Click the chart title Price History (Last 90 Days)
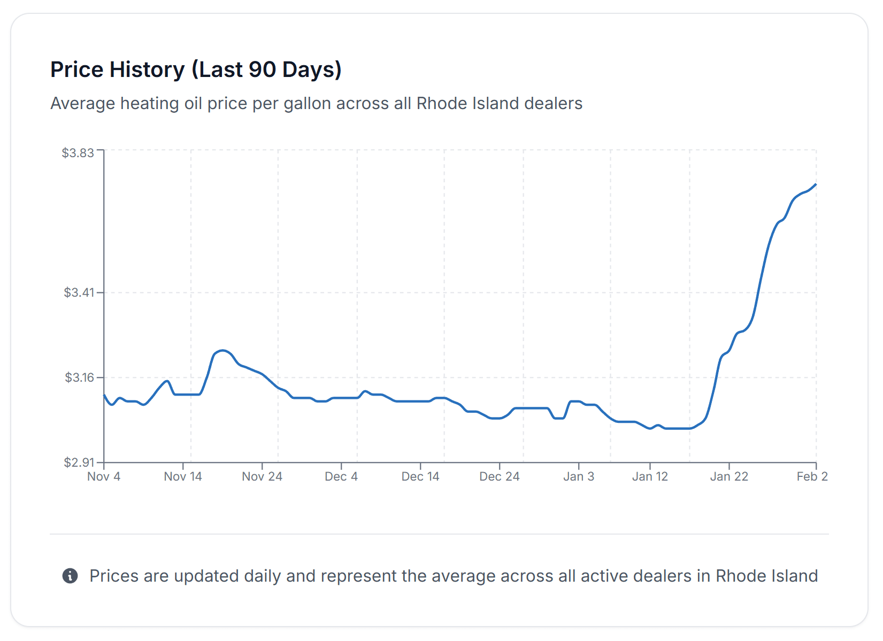[196, 69]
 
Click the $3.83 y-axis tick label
[78, 153]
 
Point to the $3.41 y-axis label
[79, 292]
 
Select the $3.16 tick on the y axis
[79, 377]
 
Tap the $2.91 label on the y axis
[79, 462]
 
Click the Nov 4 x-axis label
[104, 476]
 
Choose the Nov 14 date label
[183, 476]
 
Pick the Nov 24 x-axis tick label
[262, 476]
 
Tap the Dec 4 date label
[341, 476]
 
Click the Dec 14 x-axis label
[420, 476]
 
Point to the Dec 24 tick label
[500, 476]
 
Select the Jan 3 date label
[579, 476]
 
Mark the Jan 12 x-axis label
[650, 476]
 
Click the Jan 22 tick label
[729, 476]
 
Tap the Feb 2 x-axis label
[812, 476]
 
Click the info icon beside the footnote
[70, 576]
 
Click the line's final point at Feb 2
[816, 184]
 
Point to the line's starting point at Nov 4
[104, 395]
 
